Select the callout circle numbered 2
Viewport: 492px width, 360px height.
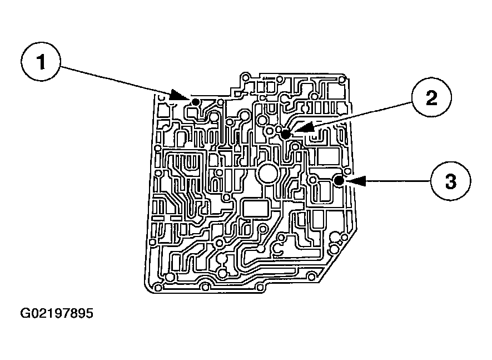pos(431,98)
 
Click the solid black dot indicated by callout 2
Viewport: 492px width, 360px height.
pos(286,134)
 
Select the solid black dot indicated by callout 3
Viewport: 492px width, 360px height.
pos(338,179)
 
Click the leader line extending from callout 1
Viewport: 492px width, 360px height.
pos(117,80)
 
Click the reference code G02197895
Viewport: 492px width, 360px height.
pos(57,313)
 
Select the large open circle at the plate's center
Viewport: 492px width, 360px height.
pos(268,175)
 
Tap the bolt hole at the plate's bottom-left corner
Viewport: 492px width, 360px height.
pos(157,287)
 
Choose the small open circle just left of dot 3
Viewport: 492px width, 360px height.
pos(313,179)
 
